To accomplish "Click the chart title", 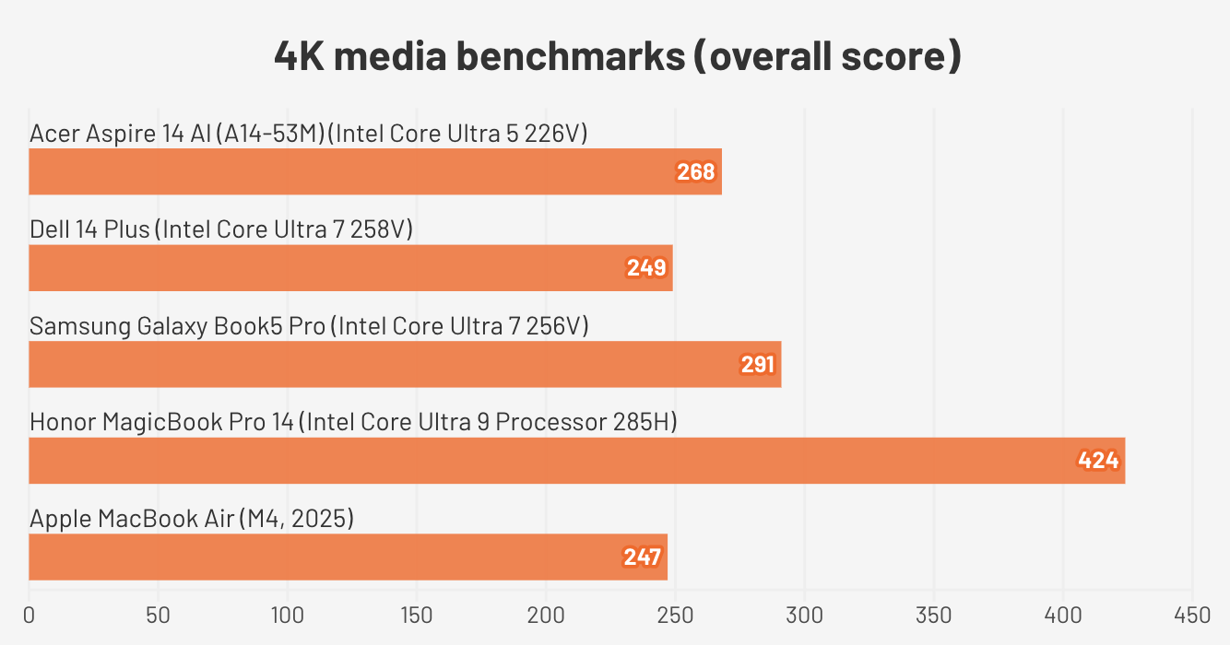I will (618, 57).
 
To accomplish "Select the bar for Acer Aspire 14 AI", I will (375, 172).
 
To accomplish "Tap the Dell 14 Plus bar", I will (350, 268).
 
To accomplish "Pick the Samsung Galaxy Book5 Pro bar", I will (405, 365).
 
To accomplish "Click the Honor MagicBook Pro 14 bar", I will (576, 461).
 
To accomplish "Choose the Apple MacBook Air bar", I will (348, 557).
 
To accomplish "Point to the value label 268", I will (696, 172).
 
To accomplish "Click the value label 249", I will (646, 268).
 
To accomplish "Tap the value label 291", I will (758, 365).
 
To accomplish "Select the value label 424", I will (1099, 461).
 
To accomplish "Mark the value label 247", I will (642, 557).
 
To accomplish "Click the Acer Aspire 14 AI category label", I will (309, 134).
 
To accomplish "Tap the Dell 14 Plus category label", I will (221, 229).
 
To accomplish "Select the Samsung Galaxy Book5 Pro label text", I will (309, 326).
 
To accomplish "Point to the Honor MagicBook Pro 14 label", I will (353, 422).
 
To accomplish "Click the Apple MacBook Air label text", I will (192, 519).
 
